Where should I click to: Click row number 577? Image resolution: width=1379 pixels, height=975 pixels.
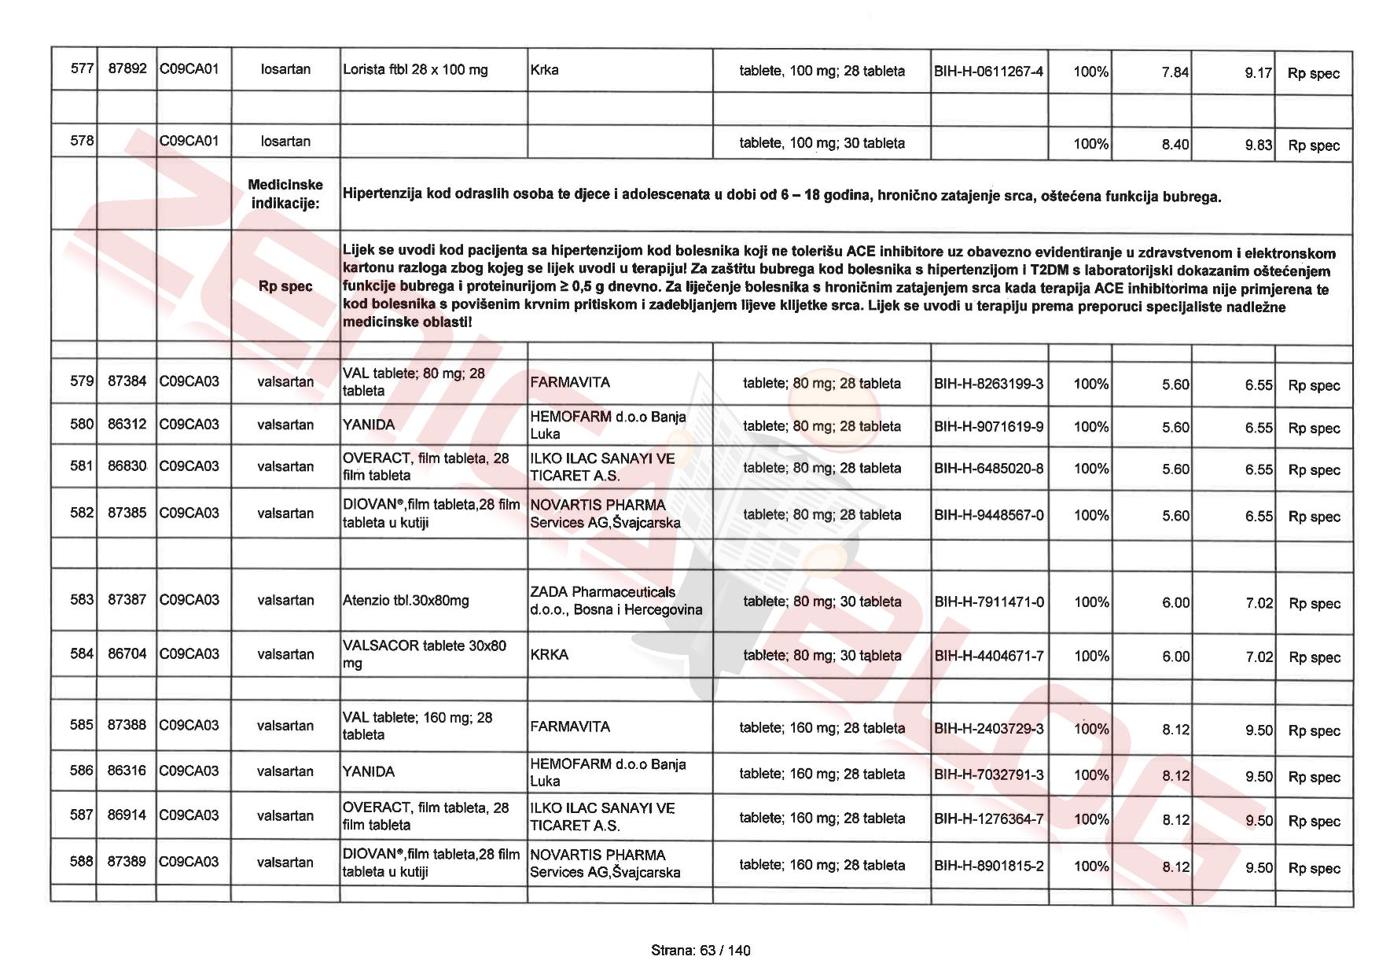(82, 68)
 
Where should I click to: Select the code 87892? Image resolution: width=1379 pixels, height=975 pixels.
(127, 68)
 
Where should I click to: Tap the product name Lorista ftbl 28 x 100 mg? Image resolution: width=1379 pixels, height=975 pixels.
(415, 69)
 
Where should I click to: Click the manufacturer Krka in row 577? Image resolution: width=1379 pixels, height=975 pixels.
(544, 69)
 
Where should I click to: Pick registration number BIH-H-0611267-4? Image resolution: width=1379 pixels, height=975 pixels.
(988, 72)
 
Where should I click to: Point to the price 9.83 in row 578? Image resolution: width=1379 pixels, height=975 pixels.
(1258, 145)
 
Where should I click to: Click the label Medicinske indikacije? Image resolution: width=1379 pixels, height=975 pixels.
(285, 193)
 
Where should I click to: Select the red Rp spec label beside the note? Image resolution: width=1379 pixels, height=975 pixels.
(285, 286)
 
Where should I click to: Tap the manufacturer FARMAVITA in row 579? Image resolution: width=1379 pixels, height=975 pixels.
(570, 382)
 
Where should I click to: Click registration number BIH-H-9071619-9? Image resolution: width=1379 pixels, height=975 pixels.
(988, 426)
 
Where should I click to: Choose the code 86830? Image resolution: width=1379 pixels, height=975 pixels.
(127, 465)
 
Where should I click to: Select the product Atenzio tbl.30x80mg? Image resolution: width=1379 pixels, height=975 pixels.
(406, 600)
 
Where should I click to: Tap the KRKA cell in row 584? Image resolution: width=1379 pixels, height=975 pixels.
(549, 654)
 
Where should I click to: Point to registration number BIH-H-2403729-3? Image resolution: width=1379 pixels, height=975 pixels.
(988, 728)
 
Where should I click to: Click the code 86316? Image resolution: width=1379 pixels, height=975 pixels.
(127, 771)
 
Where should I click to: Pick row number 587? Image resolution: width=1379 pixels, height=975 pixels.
(82, 815)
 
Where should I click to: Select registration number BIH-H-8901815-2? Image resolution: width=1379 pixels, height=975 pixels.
(988, 866)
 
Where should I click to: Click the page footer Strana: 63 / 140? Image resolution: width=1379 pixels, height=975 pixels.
(701, 950)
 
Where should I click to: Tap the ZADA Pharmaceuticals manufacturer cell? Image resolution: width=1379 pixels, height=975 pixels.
(616, 601)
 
